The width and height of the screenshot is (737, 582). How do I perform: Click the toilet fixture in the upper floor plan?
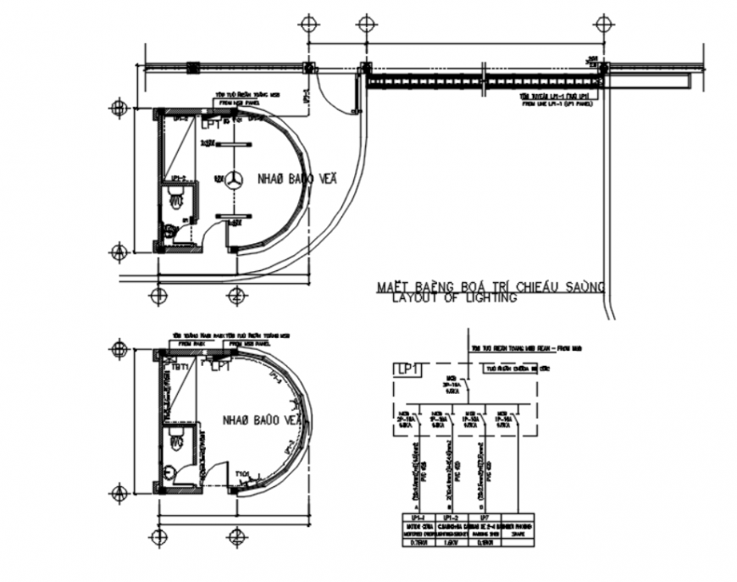pos(175,198)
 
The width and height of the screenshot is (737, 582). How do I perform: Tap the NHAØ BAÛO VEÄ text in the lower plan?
pos(262,420)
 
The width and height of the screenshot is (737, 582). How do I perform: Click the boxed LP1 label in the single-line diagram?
pos(407,369)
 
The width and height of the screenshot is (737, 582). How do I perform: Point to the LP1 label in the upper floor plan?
pos(212,124)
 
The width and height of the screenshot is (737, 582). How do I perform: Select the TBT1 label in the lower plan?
pos(179,367)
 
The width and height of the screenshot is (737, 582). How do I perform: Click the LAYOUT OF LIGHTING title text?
pos(454,298)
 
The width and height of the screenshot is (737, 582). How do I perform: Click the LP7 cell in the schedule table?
pos(483,516)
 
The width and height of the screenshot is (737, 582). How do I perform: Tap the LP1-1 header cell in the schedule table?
pos(416,516)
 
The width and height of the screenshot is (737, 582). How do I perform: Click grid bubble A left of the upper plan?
pos(119,251)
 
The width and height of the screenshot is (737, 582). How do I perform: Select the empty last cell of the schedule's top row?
pos(518,516)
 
